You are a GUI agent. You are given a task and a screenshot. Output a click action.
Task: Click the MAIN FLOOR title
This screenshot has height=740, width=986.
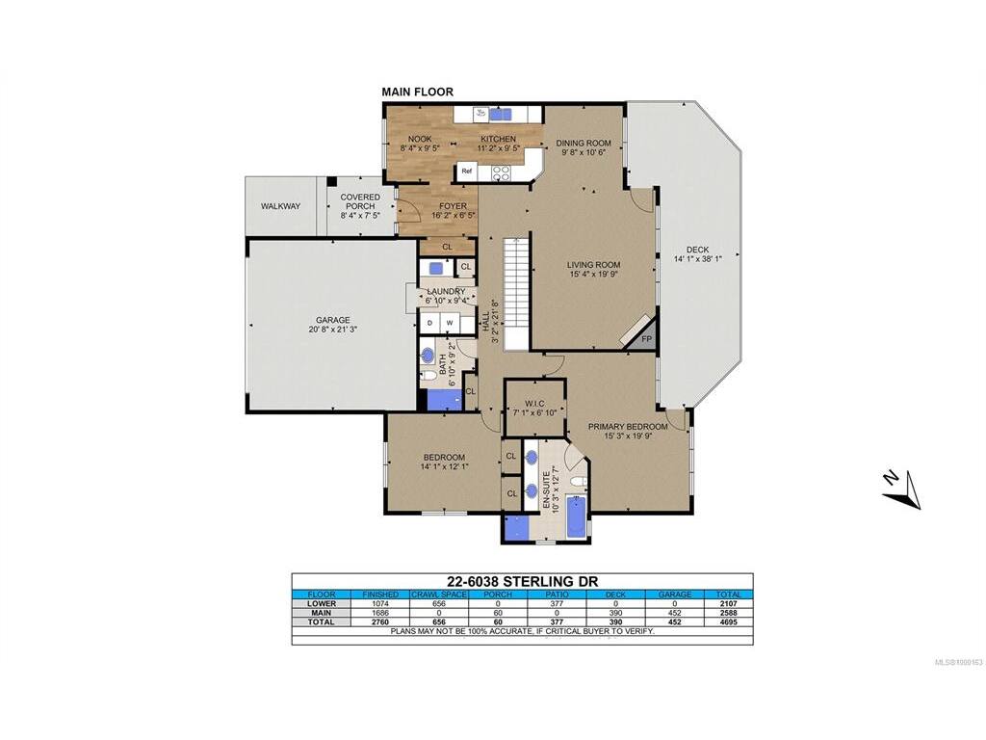[x=418, y=92]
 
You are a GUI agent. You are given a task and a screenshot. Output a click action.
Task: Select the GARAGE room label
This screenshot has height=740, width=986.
[x=332, y=320]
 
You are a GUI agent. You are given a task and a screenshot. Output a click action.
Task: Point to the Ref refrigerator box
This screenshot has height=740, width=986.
[x=467, y=171]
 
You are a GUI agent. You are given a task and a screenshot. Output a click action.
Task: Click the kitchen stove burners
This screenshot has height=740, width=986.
[x=501, y=173]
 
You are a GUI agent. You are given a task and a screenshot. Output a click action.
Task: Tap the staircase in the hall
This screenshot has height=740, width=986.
[x=516, y=294]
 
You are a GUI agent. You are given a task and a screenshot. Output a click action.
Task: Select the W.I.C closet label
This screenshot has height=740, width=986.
[x=534, y=404]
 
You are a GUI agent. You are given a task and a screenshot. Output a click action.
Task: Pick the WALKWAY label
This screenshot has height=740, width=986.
[x=281, y=206]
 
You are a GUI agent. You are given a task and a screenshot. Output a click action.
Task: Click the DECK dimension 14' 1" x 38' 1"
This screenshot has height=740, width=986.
[x=697, y=258]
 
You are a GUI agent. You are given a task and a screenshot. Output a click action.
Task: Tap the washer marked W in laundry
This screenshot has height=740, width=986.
[x=450, y=323]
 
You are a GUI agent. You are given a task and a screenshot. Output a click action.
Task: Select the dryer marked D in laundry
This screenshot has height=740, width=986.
[x=430, y=323]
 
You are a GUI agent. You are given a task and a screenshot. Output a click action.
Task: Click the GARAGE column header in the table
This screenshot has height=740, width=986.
[x=675, y=594]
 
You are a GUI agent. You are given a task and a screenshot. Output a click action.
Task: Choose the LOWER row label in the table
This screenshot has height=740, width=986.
[x=322, y=603]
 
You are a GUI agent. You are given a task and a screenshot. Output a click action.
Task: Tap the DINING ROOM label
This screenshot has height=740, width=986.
[x=584, y=143]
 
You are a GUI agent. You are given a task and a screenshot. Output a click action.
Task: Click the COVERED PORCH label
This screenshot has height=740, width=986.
[x=360, y=201]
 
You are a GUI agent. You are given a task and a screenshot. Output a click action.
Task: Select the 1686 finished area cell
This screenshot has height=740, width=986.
[x=380, y=612]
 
